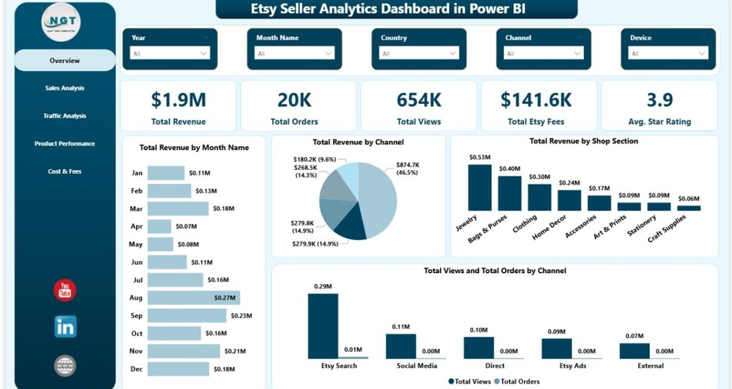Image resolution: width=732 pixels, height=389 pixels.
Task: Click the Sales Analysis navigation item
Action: (65, 88)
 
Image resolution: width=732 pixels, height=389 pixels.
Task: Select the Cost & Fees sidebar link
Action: (65, 171)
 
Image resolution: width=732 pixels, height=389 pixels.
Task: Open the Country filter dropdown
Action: (419, 53)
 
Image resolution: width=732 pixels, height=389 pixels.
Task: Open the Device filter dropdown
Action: (668, 53)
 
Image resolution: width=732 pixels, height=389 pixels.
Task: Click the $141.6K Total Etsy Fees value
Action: (536, 100)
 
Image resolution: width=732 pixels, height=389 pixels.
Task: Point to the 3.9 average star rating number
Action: (659, 100)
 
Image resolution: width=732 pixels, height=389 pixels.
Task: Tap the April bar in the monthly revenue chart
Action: (159, 227)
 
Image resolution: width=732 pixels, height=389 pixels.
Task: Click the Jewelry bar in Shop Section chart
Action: (480, 188)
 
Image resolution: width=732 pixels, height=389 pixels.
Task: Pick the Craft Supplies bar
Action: (689, 208)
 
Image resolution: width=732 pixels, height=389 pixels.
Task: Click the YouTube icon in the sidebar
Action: (65, 290)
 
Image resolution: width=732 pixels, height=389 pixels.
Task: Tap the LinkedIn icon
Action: (65, 327)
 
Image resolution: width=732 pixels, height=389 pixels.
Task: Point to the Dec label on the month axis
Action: (137, 369)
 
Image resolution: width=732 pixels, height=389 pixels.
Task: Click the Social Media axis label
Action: (417, 366)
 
